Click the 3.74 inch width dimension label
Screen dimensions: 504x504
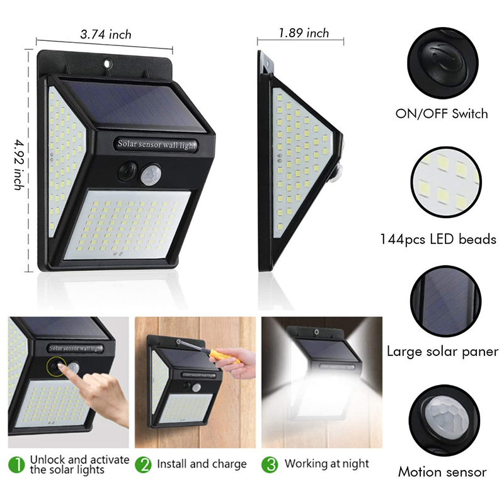click(x=106, y=34)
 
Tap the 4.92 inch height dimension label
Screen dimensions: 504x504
click(x=20, y=164)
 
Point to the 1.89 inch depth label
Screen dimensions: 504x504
click(x=304, y=33)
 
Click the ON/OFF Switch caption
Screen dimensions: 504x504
click(x=442, y=114)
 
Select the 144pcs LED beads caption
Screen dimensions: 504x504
click(x=438, y=239)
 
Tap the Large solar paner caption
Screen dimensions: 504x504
click(x=443, y=352)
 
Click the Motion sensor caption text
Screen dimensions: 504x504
click(x=442, y=472)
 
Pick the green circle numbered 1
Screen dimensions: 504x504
click(x=16, y=465)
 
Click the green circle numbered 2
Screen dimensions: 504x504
click(x=143, y=465)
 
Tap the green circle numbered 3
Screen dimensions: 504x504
click(x=270, y=465)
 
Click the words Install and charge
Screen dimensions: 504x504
click(x=202, y=464)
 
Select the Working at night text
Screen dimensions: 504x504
click(x=327, y=464)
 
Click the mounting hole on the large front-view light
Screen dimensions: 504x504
click(x=107, y=63)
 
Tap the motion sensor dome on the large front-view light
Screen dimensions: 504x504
click(x=151, y=175)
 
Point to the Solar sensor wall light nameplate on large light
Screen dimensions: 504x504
click(x=156, y=144)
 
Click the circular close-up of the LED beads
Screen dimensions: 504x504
click(x=446, y=182)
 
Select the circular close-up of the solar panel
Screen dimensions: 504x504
click(x=446, y=301)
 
